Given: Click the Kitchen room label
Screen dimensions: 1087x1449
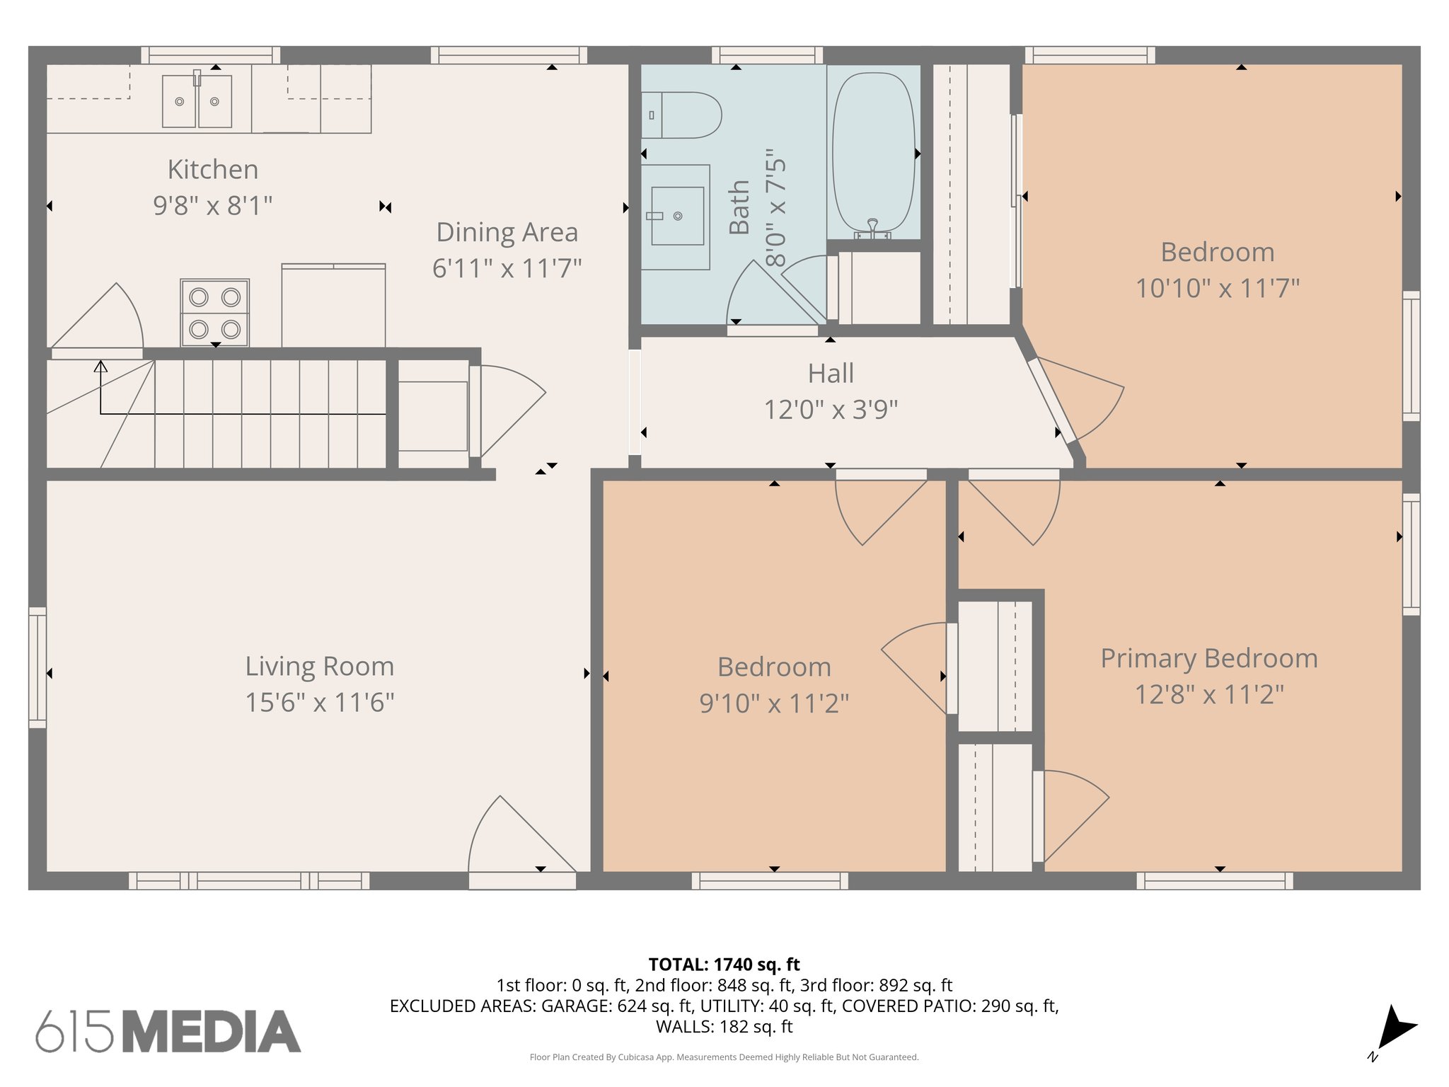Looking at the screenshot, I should coord(213,170).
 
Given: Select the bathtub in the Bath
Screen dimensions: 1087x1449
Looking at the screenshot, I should coord(874,153).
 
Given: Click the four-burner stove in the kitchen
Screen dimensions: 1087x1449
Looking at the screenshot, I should coord(214,313).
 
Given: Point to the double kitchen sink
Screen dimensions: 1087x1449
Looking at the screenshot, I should coord(197,102).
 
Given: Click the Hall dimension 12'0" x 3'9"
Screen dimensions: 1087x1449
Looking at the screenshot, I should coord(831,410).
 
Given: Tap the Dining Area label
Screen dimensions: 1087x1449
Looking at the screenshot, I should coord(507,232).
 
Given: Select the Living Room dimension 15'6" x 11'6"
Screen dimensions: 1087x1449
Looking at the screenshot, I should coord(319,703).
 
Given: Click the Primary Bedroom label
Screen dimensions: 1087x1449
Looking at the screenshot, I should coord(1208,658).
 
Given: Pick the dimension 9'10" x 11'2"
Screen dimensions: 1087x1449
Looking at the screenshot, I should coord(774,703).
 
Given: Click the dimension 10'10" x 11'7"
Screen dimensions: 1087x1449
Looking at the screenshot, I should coord(1217,288).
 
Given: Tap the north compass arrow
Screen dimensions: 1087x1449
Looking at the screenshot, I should coord(1395,1030).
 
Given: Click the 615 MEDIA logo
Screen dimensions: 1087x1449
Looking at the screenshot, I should coord(168,1032).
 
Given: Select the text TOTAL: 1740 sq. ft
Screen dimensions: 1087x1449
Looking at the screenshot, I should coord(724,965).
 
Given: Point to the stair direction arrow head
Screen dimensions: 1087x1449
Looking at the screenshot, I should coord(101,367).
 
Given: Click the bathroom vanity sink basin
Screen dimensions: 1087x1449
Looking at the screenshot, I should coord(677,216).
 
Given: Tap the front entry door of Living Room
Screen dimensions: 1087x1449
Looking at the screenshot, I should coord(522,842).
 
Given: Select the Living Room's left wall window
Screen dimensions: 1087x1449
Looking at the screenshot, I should coord(37,667).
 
